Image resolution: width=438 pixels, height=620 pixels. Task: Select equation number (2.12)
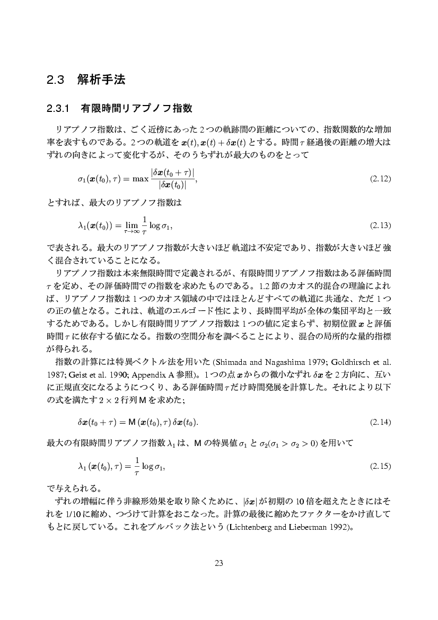380,179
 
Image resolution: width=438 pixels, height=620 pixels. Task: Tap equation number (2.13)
380,226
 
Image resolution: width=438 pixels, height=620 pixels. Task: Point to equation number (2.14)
380,423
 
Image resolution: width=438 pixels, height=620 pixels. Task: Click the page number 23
218,563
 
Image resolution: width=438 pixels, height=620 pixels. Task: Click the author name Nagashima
286,362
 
